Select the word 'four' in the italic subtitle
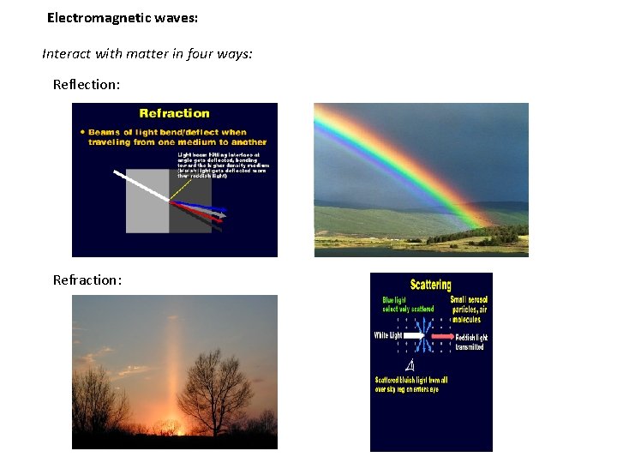click(x=204, y=54)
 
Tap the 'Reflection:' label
click(x=86, y=84)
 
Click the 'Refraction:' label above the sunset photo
click(x=87, y=280)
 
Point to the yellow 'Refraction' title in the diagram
click(x=174, y=113)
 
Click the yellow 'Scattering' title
click(x=431, y=285)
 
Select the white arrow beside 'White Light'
click(x=414, y=337)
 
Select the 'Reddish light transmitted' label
click(x=470, y=342)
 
